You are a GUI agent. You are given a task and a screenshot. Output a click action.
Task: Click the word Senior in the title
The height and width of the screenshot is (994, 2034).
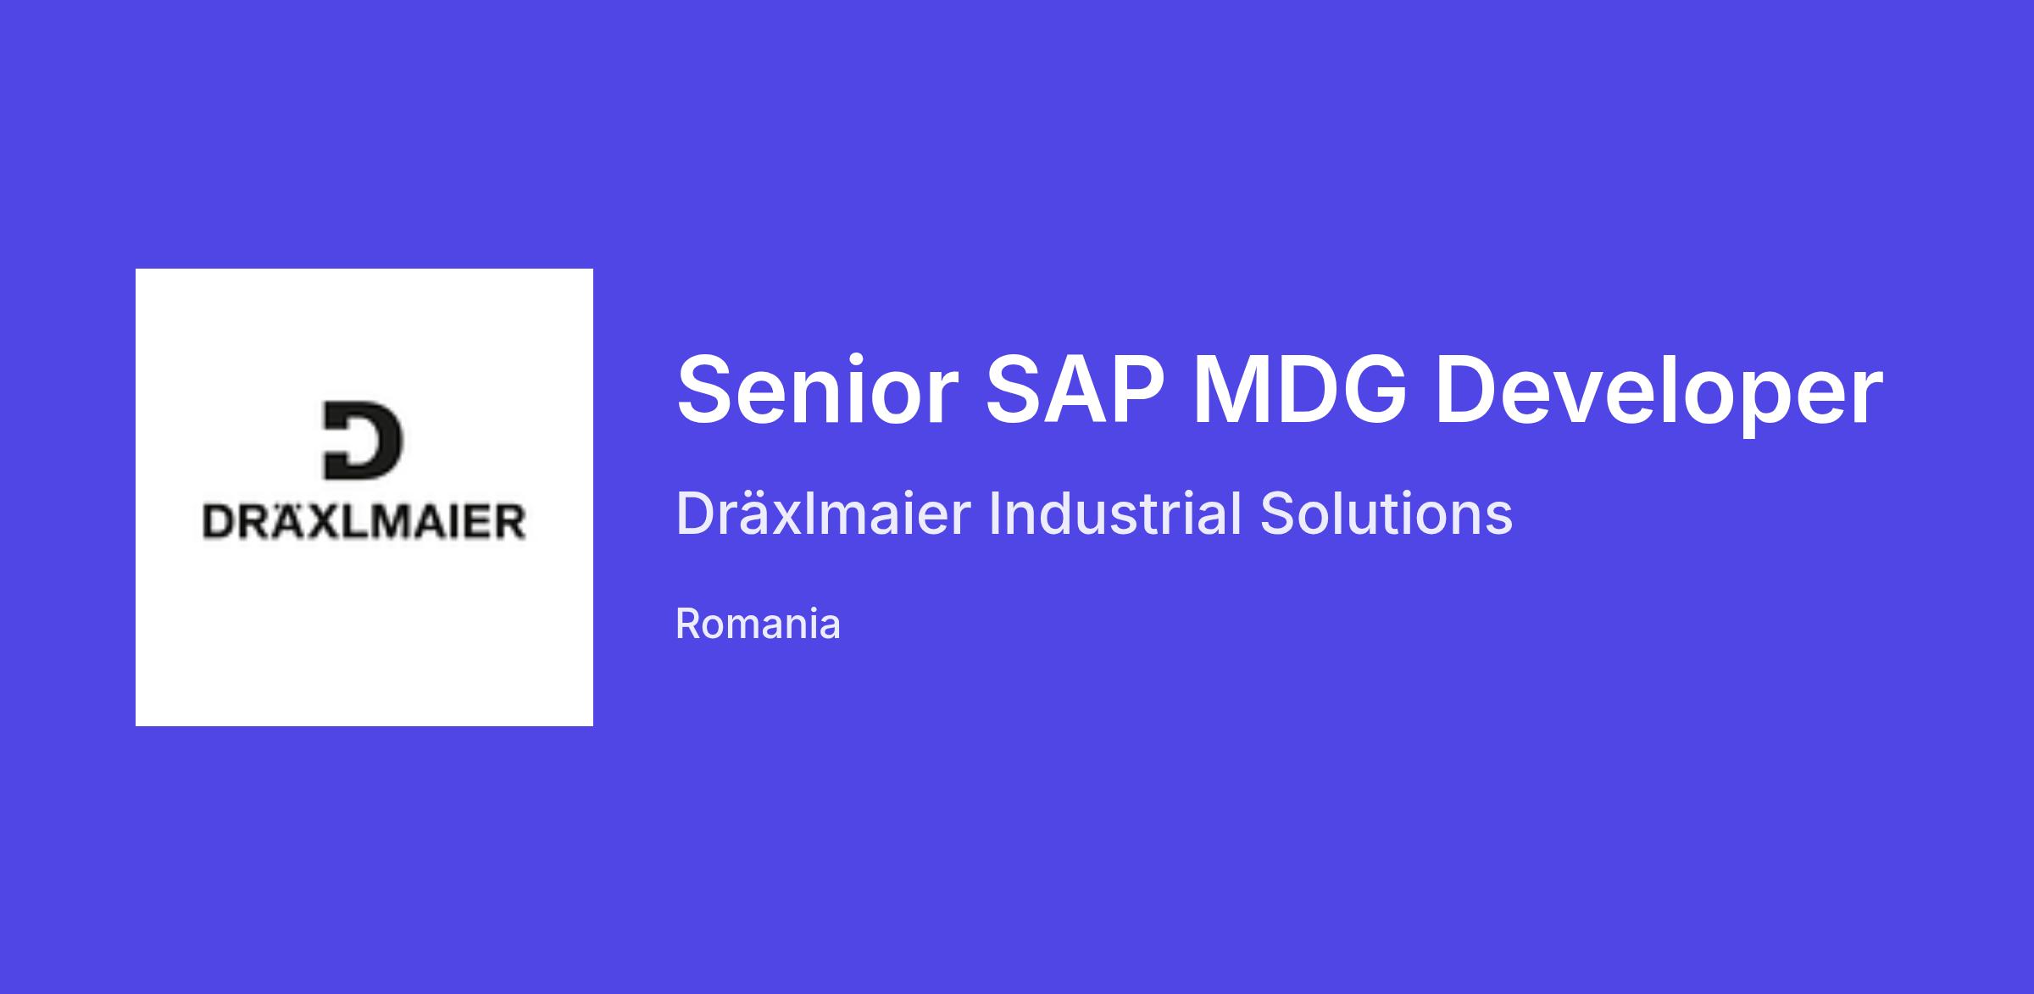(818, 390)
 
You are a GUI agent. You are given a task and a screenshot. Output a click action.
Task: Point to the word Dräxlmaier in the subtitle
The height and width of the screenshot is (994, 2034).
(823, 514)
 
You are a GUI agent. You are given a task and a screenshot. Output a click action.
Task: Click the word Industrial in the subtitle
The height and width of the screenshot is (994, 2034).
(1114, 514)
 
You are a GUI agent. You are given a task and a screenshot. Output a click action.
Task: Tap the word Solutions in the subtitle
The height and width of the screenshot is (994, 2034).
(1387, 514)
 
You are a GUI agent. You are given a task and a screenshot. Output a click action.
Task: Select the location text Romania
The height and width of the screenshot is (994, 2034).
(758, 624)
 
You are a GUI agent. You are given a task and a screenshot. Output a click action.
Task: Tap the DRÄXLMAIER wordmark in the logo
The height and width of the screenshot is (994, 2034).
(364, 519)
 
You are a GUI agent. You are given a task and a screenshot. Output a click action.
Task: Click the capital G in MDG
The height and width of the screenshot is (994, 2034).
(1374, 390)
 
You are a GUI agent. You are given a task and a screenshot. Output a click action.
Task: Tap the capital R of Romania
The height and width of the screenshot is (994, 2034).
(692, 624)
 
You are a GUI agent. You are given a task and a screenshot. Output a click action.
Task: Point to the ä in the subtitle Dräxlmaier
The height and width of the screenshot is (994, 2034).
(762, 514)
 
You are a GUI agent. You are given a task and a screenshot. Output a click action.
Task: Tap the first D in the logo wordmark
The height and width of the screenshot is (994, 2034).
(219, 522)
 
